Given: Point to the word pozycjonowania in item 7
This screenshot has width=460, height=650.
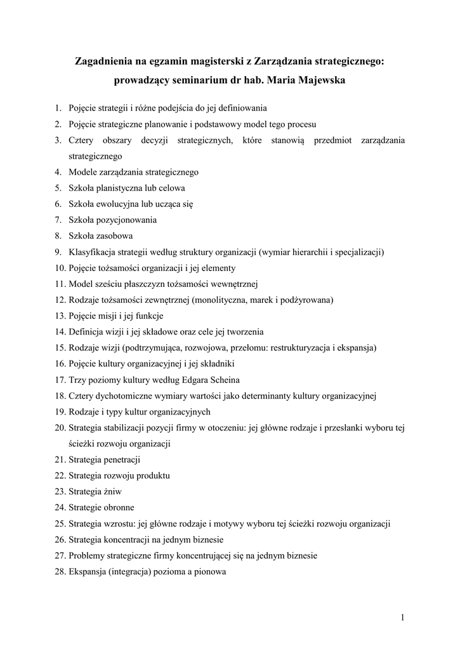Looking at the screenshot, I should coord(126,220).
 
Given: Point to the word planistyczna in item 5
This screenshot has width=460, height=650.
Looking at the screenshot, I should coord(120,188).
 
